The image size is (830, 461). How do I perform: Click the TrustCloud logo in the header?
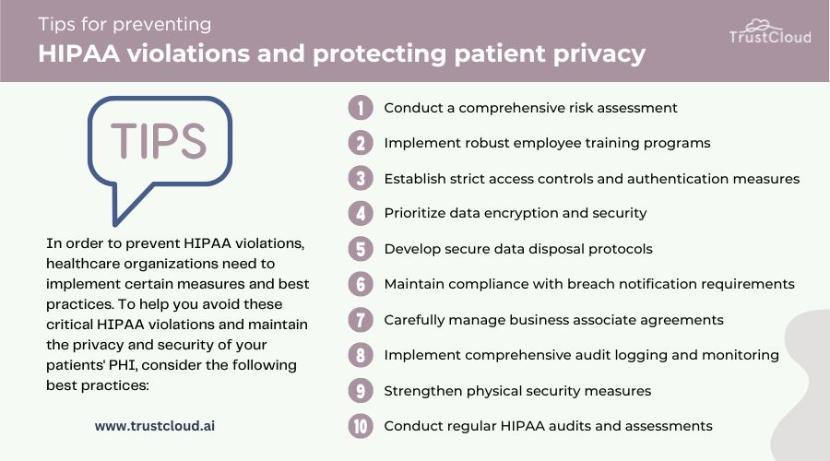pyautogui.click(x=770, y=31)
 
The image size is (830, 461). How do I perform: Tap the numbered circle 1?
pyautogui.click(x=361, y=108)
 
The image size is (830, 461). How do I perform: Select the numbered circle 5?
pyautogui.click(x=361, y=249)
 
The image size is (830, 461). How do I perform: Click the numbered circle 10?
pyautogui.click(x=361, y=426)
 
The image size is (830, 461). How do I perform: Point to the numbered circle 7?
pyautogui.click(x=361, y=320)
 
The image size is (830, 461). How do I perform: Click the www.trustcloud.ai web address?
pyautogui.click(x=155, y=426)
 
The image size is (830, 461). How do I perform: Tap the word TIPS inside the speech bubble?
pyautogui.click(x=159, y=141)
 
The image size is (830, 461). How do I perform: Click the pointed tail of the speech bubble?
pyautogui.click(x=116, y=223)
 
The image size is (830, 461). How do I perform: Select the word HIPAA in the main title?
pyautogui.click(x=79, y=54)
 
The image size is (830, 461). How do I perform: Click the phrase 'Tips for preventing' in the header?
pyautogui.click(x=125, y=24)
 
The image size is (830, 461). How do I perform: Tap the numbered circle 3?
pyautogui.click(x=361, y=178)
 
